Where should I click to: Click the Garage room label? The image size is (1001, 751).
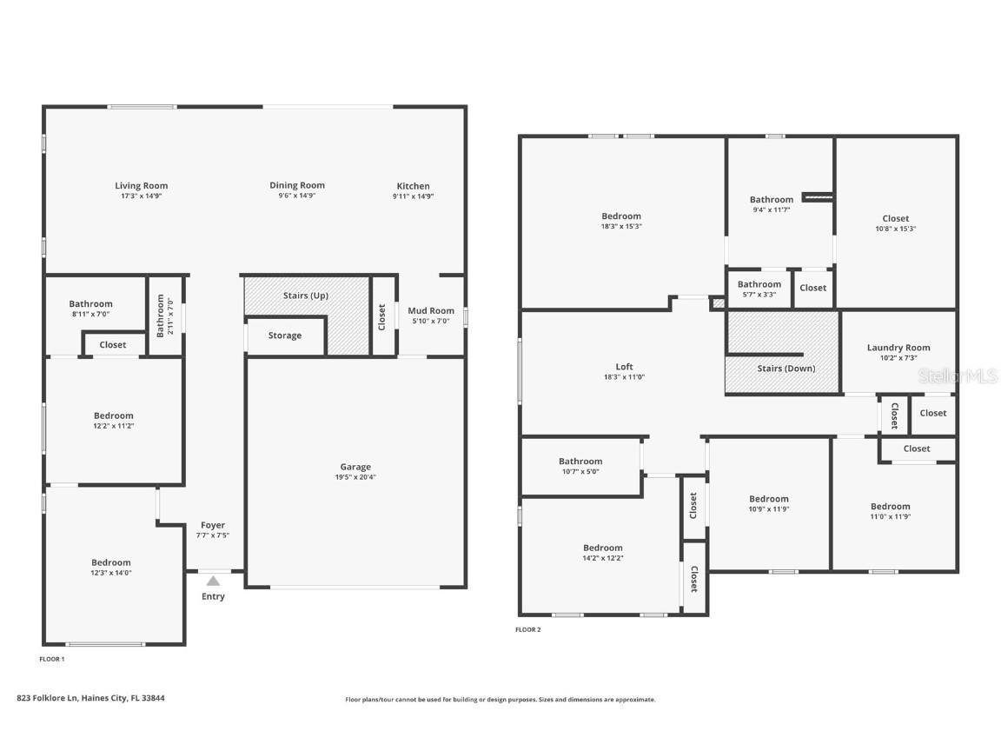pyautogui.click(x=355, y=467)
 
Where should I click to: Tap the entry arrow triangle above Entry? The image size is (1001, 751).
pyautogui.click(x=213, y=581)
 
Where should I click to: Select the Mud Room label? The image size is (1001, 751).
pyautogui.click(x=431, y=311)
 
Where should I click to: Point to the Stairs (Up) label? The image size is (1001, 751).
pyautogui.click(x=306, y=296)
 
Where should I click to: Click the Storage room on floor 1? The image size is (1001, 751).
pyautogui.click(x=285, y=336)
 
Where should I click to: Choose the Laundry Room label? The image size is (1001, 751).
pyautogui.click(x=898, y=348)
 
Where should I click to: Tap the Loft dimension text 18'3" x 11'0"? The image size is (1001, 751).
pyautogui.click(x=625, y=376)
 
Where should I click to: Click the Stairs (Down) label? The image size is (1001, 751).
pyautogui.click(x=786, y=369)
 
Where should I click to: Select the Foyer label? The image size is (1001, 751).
pyautogui.click(x=213, y=525)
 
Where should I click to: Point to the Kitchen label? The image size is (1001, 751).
pyautogui.click(x=413, y=186)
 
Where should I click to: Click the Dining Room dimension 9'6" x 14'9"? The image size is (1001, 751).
pyautogui.click(x=297, y=196)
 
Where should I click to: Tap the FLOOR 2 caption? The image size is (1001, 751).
pyautogui.click(x=528, y=629)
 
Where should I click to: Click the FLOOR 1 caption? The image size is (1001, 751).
pyautogui.click(x=52, y=659)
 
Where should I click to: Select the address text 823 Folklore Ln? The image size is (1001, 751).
pyautogui.click(x=47, y=698)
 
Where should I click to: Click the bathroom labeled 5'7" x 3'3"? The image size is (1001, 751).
pyautogui.click(x=759, y=289)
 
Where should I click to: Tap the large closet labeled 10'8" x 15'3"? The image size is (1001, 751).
pyautogui.click(x=896, y=223)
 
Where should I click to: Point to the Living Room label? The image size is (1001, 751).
pyautogui.click(x=141, y=186)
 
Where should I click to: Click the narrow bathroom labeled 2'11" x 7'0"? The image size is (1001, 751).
pyautogui.click(x=165, y=316)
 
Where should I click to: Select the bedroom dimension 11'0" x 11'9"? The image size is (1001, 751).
pyautogui.click(x=891, y=516)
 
